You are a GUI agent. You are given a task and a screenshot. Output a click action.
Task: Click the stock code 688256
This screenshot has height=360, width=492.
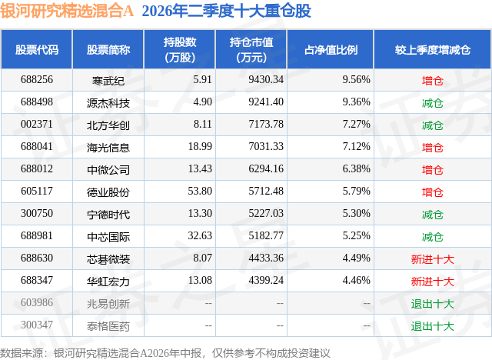(37, 80)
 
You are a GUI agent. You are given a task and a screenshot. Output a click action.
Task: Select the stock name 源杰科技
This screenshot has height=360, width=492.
(108, 103)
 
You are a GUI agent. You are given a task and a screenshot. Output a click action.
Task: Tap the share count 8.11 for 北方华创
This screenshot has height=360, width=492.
(203, 125)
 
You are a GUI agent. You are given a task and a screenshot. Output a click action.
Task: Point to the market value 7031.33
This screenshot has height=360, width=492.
(266, 147)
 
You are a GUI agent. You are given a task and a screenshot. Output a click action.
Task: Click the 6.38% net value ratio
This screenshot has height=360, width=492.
(356, 169)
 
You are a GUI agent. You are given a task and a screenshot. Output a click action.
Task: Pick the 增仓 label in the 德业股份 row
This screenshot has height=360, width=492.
(432, 192)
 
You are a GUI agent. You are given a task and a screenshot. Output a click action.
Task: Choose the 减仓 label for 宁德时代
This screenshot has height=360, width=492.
(432, 215)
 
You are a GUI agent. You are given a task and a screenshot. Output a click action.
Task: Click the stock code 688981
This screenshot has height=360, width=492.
(37, 235)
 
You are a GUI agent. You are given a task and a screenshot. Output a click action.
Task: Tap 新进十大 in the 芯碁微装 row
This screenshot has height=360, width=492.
(432, 259)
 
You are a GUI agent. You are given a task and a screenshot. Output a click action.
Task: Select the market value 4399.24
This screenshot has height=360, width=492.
(266, 280)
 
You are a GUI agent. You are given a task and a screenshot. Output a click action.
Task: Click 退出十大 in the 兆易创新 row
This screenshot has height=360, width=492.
(432, 304)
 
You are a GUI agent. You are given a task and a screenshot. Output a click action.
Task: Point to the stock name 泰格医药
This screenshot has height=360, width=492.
(108, 326)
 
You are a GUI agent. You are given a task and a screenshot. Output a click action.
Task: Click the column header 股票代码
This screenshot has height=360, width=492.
(37, 49)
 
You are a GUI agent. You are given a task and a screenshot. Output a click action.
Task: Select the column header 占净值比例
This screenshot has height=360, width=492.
(331, 49)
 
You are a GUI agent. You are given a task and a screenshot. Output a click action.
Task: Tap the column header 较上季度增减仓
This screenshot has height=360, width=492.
(433, 49)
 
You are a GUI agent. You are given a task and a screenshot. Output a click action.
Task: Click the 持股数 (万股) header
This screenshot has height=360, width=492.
(180, 49)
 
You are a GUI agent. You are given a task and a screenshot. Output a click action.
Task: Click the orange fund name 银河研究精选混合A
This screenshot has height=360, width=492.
(67, 11)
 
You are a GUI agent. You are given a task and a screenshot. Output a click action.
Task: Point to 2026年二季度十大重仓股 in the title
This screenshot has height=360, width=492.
(226, 11)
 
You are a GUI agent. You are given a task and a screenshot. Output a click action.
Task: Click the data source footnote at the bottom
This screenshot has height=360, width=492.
(165, 353)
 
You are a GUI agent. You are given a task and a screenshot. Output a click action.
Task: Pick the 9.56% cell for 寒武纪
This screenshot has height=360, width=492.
(356, 80)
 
